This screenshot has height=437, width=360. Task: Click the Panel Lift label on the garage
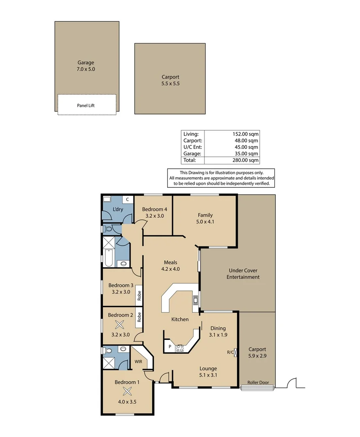click(85, 106)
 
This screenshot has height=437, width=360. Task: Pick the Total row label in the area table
click(189, 160)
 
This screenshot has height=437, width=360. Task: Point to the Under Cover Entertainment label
click(243, 274)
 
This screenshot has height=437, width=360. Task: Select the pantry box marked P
click(170, 347)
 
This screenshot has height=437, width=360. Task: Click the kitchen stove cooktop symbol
click(180, 348)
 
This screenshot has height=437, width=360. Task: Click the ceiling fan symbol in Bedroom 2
click(119, 324)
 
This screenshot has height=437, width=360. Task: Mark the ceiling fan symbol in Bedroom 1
click(128, 391)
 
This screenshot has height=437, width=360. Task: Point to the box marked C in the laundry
click(127, 199)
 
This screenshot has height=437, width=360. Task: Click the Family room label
click(205, 215)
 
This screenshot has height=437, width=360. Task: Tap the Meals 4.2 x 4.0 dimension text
click(170, 269)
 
